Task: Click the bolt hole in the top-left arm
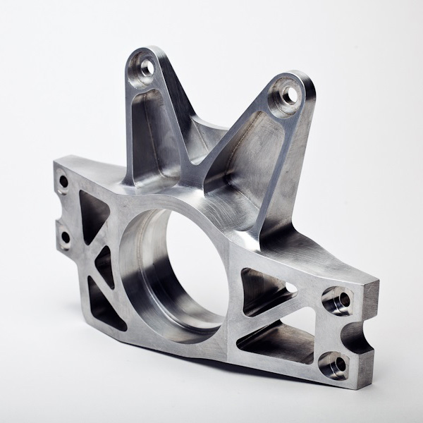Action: click(x=147, y=68)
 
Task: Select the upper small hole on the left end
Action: click(x=63, y=182)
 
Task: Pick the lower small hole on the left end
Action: click(x=65, y=237)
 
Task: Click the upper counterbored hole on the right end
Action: click(x=339, y=300)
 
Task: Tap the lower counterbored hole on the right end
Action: click(x=336, y=364)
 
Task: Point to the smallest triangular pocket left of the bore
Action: click(x=104, y=265)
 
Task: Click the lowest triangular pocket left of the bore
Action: click(x=104, y=305)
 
